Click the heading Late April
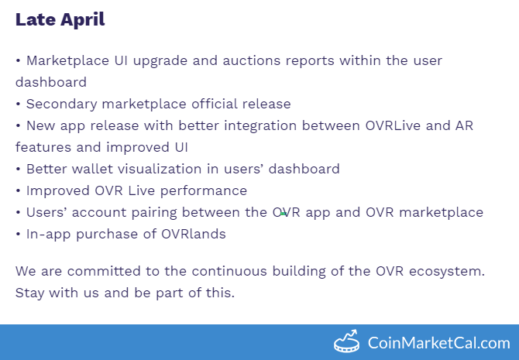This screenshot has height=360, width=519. pyautogui.click(x=60, y=19)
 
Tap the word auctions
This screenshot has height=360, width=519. pyautogui.click(x=252, y=61)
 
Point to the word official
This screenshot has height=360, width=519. pyautogui.click(x=214, y=104)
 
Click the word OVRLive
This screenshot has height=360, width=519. pyautogui.click(x=393, y=125)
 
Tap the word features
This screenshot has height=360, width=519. pyautogui.click(x=43, y=147)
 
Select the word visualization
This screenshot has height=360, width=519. pyautogui.click(x=160, y=169)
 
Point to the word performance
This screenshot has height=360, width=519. pyautogui.click(x=204, y=191)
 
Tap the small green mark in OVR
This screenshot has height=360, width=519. pyautogui.click(x=283, y=214)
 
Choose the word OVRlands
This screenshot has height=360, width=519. pyautogui.click(x=194, y=235)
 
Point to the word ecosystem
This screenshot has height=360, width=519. pyautogui.click(x=447, y=272)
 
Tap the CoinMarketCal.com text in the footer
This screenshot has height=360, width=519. pyautogui.click(x=439, y=343)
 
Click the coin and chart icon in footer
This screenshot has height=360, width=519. pyautogui.click(x=346, y=341)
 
